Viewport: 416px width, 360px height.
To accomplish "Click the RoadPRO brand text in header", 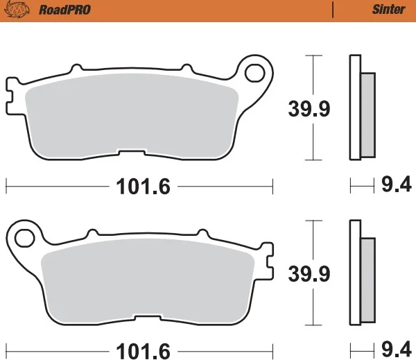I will pos(59,10).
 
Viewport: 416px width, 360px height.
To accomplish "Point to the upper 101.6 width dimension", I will pos(142,186).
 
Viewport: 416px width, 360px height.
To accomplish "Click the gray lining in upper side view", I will pos(368,114).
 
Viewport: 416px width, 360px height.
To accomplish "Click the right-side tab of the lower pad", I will pos(269,260).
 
